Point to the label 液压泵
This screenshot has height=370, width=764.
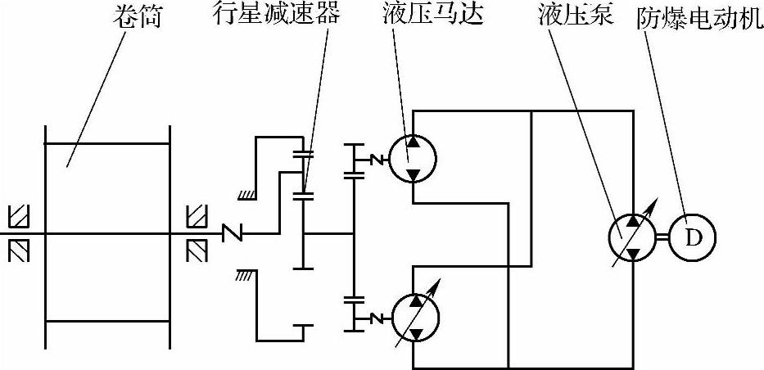576,18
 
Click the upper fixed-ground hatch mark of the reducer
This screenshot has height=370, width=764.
245,195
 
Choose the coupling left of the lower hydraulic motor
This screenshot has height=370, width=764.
377,318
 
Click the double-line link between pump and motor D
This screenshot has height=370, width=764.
662,237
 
